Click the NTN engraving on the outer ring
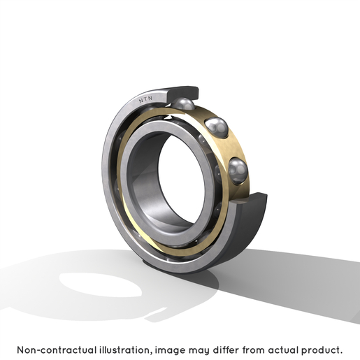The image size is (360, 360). click(x=145, y=99)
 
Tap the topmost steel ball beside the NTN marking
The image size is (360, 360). click(x=184, y=103)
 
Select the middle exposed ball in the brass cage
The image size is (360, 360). click(x=217, y=127)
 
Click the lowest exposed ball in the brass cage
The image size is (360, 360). click(x=238, y=171)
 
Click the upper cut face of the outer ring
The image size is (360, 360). click(x=182, y=94)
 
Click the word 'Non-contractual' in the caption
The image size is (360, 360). click(x=57, y=350)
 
